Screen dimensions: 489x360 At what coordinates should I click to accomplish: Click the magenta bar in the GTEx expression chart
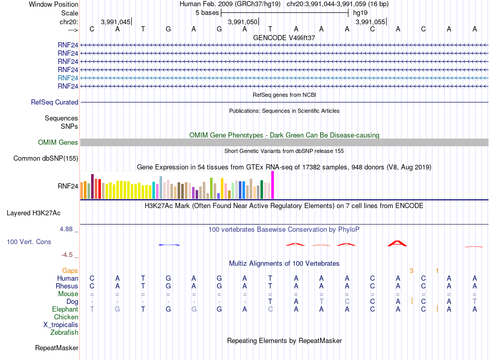[273, 185]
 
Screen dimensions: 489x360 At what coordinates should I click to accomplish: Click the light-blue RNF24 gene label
[67, 78]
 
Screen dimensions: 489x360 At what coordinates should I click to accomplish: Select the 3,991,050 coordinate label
[242, 22]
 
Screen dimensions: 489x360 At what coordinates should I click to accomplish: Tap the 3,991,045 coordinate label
[115, 22]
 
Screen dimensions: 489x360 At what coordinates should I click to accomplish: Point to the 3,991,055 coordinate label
[370, 22]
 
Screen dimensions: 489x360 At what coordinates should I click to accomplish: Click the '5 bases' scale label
[207, 13]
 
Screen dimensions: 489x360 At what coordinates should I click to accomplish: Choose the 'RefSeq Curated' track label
[55, 102]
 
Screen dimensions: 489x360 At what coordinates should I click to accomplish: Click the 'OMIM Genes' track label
[58, 143]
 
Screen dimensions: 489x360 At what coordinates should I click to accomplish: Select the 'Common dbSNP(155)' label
[46, 159]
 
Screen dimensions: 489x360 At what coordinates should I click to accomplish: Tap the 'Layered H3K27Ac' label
[33, 213]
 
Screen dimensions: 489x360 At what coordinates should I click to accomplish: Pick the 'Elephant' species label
[65, 309]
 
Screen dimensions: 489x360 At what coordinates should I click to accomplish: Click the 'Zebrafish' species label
[64, 333]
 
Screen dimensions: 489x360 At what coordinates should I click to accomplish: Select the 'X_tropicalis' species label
[61, 325]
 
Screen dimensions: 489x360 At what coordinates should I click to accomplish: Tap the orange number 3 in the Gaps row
[411, 271]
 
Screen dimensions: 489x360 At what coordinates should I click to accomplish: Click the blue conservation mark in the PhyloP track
[169, 245]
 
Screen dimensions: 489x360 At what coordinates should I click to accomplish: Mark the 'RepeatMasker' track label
[57, 348]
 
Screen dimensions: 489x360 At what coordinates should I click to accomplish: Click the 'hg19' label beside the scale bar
[360, 13]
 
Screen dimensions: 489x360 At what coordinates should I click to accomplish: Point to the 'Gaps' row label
[70, 271]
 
